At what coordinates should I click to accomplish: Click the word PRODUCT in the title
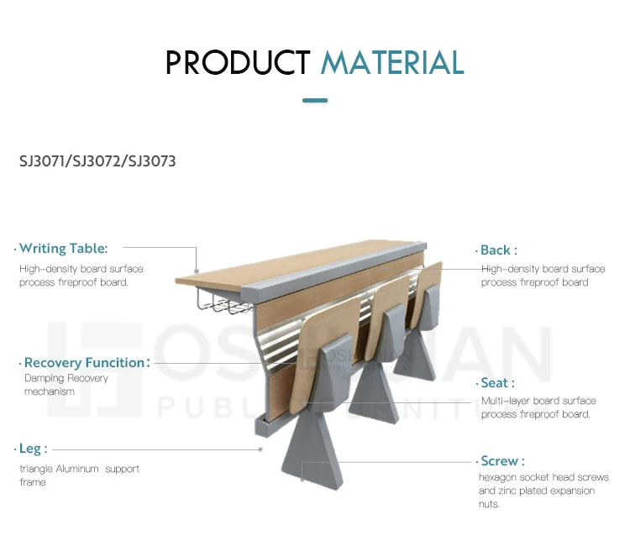pos(238,63)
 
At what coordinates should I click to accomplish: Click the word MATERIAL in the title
pos(392,63)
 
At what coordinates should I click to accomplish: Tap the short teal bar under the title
pos(314,101)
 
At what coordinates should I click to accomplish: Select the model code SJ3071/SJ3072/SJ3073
pos(97,160)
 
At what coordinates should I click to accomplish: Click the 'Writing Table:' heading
pos(63,249)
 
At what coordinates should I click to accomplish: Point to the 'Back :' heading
pos(498,250)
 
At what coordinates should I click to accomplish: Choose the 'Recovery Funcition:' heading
pos(87,363)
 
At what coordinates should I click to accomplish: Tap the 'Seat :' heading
pos(497,383)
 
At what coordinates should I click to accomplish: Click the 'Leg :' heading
pos(33,449)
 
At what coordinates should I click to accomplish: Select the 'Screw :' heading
pos(502,461)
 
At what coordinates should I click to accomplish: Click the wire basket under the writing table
pos(218,300)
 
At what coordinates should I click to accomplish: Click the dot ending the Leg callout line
pos(260,449)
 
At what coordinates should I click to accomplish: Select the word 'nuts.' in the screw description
pos(489,504)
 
